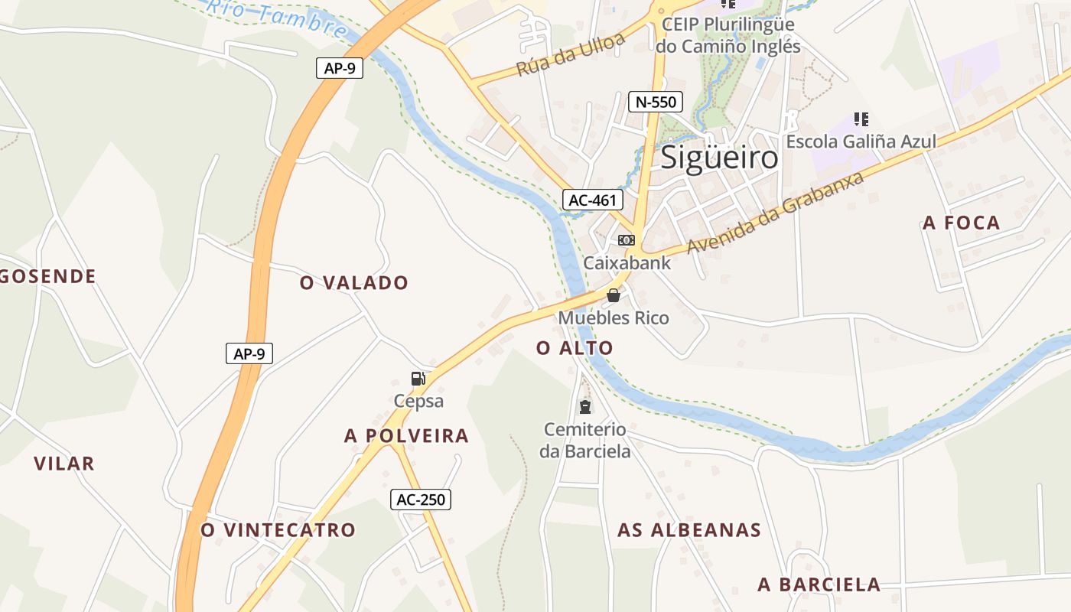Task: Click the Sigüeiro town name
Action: [719, 158]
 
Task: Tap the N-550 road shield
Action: [655, 102]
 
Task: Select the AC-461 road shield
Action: [592, 200]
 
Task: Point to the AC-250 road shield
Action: [421, 500]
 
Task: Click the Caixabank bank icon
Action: [627, 240]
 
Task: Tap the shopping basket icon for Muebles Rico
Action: [614, 295]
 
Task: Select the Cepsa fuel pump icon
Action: [418, 379]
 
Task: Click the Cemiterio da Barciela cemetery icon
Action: [585, 406]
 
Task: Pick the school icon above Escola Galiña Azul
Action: [861, 119]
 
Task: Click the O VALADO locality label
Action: [354, 283]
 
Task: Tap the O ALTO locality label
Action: [575, 349]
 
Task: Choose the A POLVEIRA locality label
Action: [406, 436]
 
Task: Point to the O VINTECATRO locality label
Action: [278, 530]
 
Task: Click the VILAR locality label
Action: [64, 464]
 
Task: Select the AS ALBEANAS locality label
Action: [689, 530]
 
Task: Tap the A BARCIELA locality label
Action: [819, 585]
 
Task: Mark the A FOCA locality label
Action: [962, 223]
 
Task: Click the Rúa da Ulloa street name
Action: [571, 56]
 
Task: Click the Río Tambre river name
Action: [277, 18]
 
